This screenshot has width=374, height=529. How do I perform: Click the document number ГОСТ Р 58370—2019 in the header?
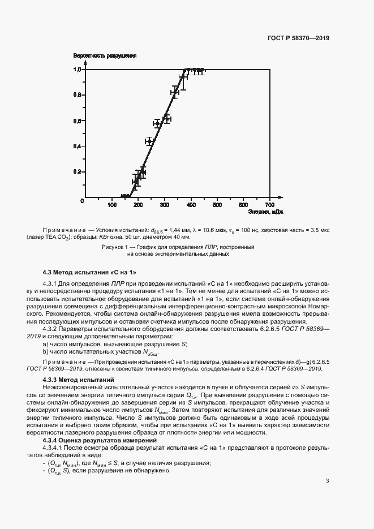tap(298, 38)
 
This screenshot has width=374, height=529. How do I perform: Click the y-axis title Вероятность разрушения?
tap(105, 56)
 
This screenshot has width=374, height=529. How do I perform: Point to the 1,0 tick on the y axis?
tap(78, 70)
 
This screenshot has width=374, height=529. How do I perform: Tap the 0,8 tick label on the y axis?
tap(78, 95)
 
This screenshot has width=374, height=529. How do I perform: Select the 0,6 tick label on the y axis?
tap(78, 121)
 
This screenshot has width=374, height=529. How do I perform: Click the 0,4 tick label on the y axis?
tap(78, 146)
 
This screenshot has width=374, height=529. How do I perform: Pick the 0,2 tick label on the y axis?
tap(78, 171)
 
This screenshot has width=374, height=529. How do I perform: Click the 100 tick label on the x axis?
tap(111, 205)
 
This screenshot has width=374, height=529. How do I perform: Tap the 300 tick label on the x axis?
tap(164, 205)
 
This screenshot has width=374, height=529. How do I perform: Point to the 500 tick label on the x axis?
tap(217, 205)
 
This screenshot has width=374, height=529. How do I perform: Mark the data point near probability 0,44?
tap(149, 141)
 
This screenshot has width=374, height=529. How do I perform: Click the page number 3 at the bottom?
tap(328, 481)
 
